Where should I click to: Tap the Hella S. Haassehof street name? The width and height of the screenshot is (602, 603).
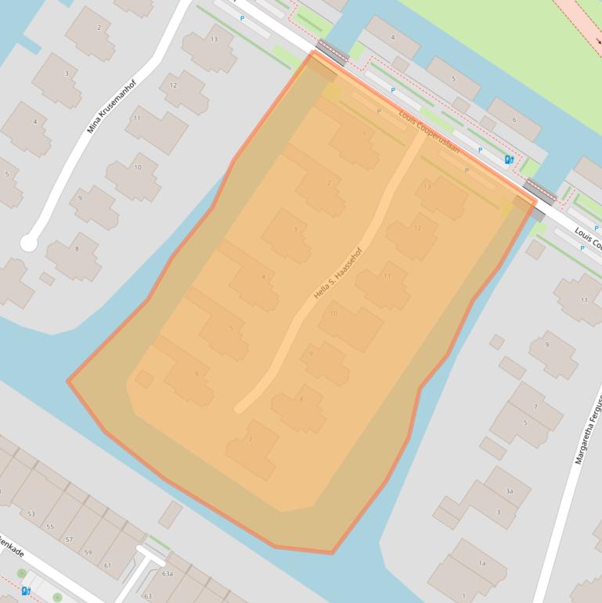[338, 273]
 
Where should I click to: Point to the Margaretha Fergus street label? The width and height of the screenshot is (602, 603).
[589, 429]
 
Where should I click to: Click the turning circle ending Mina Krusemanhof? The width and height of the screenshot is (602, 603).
[28, 243]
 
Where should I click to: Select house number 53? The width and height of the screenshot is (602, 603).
[31, 514]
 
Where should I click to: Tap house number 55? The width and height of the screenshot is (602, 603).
[50, 527]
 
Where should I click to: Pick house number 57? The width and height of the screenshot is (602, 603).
[69, 540]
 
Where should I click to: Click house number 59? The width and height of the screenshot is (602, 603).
[88, 552]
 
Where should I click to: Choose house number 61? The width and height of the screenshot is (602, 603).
[107, 565]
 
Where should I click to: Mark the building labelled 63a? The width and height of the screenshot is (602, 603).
[167, 574]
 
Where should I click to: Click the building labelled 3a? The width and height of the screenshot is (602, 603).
[509, 491]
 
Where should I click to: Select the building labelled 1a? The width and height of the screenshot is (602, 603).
[482, 563]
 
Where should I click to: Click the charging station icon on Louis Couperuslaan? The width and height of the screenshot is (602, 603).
[510, 160]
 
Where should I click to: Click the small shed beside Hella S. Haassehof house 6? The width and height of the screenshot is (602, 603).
[145, 379]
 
